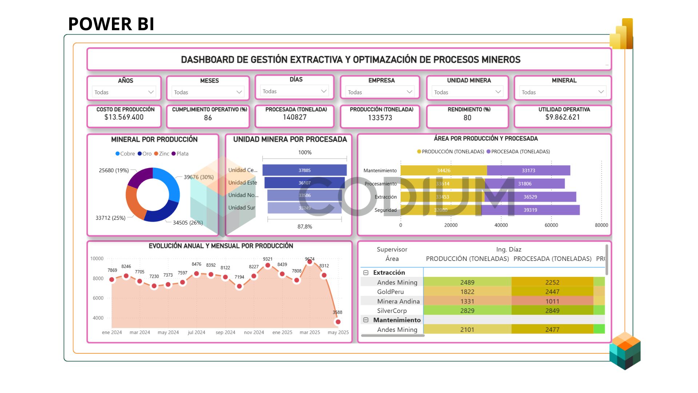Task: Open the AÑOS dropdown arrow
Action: [x=151, y=92]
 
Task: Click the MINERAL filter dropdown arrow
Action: [x=601, y=92]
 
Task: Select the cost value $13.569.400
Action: [x=124, y=117]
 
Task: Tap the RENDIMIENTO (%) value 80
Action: [x=467, y=118]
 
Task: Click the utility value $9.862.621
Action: [x=562, y=117]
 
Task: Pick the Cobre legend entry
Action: [x=125, y=154]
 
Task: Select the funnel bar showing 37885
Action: [x=304, y=170]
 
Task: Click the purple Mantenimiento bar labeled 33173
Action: [x=528, y=170]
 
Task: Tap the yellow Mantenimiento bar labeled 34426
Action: [x=444, y=170]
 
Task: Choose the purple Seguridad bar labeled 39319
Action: [x=530, y=210]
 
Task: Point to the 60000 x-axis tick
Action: [x=551, y=225]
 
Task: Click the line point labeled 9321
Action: [x=268, y=265]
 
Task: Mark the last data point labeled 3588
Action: [x=338, y=322]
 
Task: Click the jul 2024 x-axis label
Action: [x=196, y=333]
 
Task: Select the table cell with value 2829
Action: [x=467, y=310]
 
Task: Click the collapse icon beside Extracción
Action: [x=366, y=273]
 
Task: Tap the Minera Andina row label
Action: [x=398, y=301]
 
